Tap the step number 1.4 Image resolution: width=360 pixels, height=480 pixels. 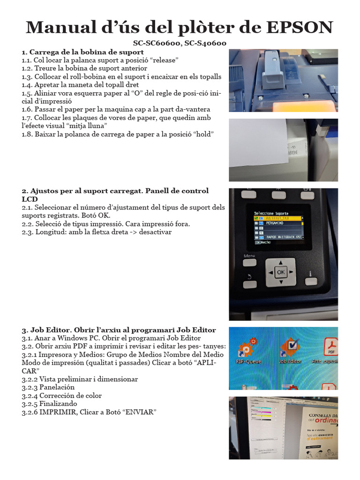pos(27,85)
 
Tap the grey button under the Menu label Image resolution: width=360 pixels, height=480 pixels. pos(249,263)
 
